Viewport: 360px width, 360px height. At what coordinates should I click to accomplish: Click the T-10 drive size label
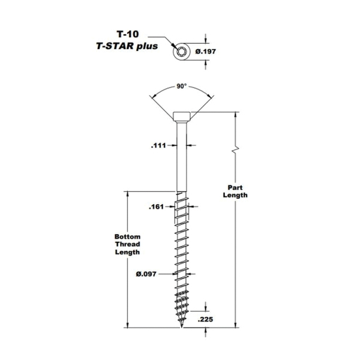point(128,34)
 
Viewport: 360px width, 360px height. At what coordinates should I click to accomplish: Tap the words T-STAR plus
point(127,46)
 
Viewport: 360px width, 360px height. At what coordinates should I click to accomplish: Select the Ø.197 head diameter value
point(205,51)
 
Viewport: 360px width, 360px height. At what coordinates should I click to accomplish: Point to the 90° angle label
point(181,86)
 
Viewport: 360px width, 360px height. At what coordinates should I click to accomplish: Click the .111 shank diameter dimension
point(158,146)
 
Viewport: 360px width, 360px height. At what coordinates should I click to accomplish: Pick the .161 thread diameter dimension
point(157,207)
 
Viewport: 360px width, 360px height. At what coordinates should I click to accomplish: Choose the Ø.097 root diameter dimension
point(146,274)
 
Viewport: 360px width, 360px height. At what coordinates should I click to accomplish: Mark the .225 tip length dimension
point(205,319)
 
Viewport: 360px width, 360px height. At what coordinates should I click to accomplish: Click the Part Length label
point(235,191)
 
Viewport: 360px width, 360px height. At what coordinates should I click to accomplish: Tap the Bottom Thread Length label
point(127,244)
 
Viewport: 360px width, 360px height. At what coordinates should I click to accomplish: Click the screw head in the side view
point(182,117)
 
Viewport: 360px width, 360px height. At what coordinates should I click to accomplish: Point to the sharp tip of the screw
point(182,328)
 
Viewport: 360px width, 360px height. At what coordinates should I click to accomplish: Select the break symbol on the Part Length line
point(235,149)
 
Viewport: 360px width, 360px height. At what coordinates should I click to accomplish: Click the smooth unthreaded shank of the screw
point(182,157)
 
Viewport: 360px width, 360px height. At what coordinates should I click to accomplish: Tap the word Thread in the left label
point(127,244)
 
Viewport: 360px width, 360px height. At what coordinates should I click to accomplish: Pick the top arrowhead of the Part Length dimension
point(235,115)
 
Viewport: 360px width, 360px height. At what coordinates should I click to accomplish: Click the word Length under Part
point(235,195)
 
